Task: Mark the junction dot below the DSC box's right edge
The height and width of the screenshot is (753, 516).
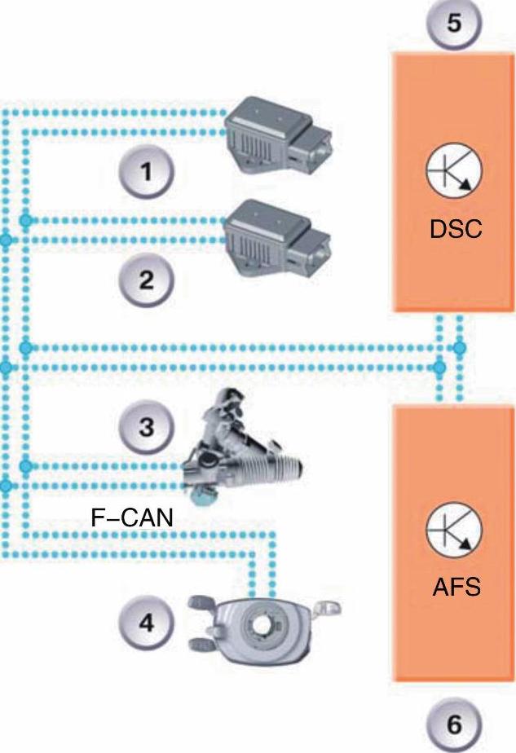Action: point(460,348)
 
